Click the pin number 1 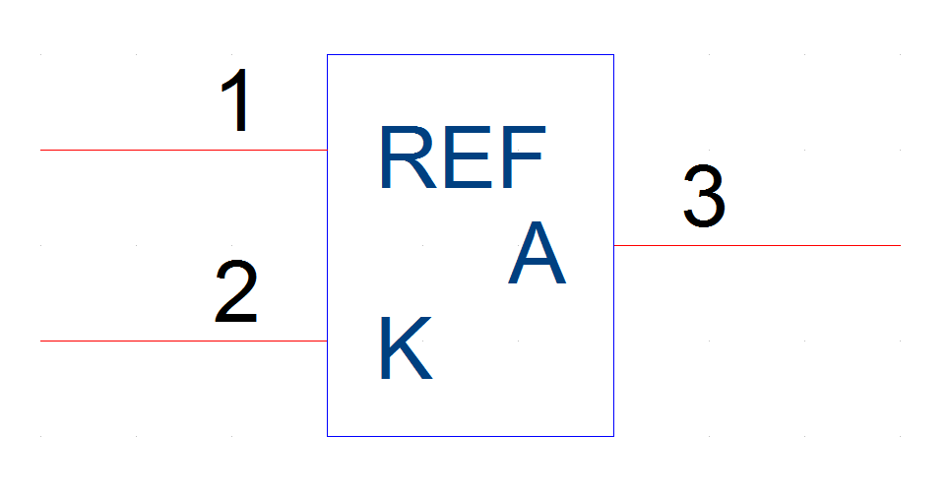click(237, 99)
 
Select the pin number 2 click(236, 290)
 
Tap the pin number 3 click(705, 196)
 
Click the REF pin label click(464, 157)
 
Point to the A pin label click(537, 252)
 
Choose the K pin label click(407, 347)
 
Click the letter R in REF click(409, 157)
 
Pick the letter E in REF click(468, 157)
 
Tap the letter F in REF click(524, 157)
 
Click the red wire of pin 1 click(184, 151)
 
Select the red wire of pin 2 click(184, 342)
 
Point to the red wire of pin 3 click(757, 246)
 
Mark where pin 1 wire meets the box click(328, 151)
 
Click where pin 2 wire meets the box click(328, 342)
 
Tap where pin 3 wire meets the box click(613, 246)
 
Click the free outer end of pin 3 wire click(901, 246)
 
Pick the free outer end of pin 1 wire click(40, 151)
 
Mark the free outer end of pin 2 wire click(40, 342)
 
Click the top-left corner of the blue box click(328, 54)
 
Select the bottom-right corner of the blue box click(613, 436)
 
